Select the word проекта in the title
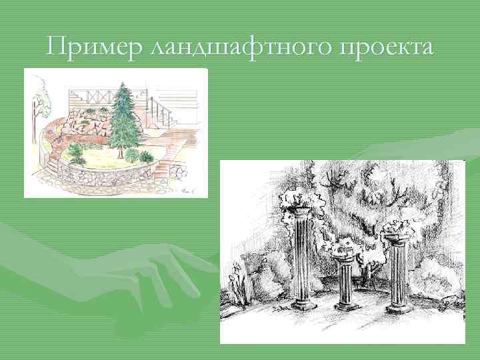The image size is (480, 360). [386, 48]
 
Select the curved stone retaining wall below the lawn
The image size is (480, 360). [107, 177]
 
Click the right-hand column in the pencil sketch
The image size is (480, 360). [399, 273]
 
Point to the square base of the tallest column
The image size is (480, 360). [304, 305]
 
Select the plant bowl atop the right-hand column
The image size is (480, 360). [398, 233]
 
